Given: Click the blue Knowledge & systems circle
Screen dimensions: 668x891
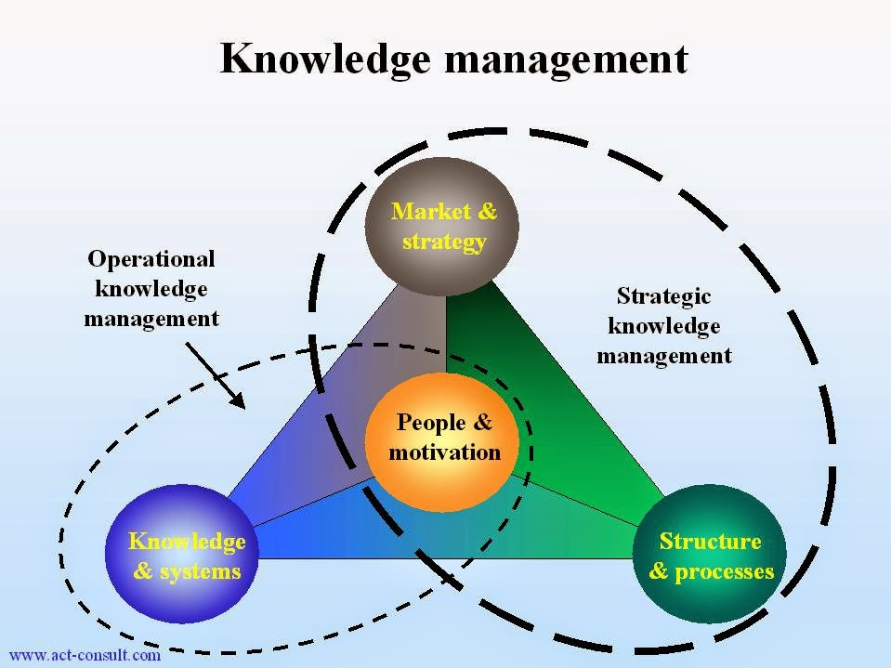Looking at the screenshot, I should [185, 556].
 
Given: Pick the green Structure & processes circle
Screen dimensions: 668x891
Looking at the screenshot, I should [711, 556].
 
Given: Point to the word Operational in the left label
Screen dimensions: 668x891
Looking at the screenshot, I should [151, 258].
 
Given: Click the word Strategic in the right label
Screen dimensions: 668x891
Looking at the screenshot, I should [663, 296].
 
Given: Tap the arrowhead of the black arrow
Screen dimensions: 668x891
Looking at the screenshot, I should [239, 403].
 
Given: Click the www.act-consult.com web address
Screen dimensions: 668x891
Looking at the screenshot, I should [85, 656].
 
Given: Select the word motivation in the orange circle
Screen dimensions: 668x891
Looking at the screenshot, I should [445, 452].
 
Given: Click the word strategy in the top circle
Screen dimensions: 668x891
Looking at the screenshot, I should [444, 242].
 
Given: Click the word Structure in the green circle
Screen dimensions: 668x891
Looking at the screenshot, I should [710, 541].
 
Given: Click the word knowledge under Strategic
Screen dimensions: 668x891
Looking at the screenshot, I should [663, 326].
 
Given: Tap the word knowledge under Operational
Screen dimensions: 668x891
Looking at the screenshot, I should [151, 289].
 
